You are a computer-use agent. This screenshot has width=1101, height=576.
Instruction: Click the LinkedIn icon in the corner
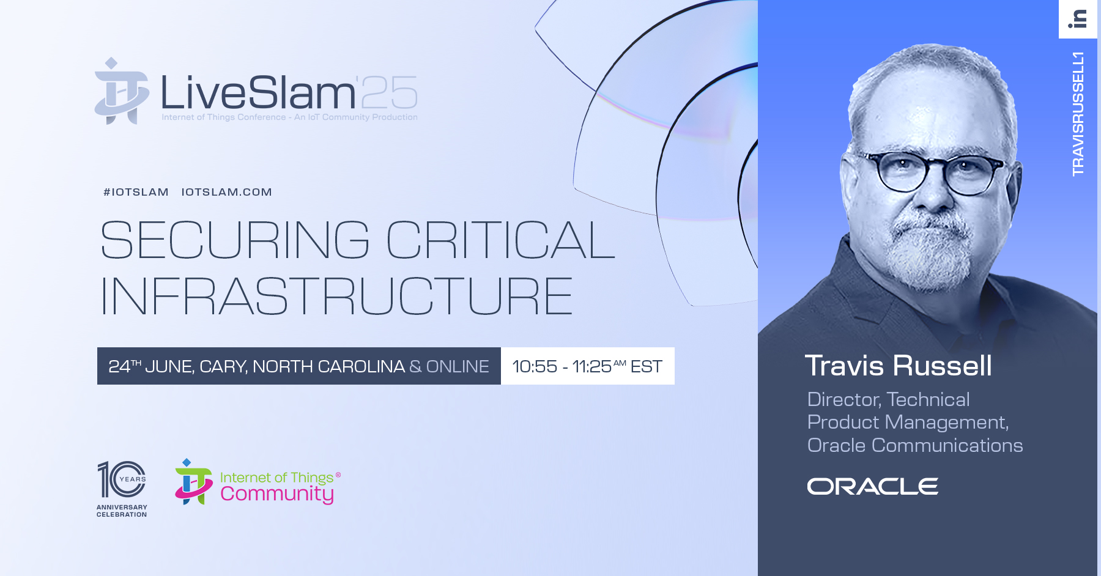(1078, 19)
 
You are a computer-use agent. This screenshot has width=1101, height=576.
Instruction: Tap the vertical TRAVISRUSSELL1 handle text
(1078, 114)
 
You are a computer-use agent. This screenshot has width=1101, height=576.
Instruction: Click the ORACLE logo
(872, 487)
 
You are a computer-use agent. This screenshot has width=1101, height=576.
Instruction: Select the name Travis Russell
(898, 366)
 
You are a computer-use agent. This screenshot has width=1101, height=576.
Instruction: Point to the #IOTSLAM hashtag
(136, 192)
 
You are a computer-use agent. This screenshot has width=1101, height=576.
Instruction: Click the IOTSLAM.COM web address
(226, 192)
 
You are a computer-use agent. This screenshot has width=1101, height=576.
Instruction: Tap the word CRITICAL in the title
(501, 240)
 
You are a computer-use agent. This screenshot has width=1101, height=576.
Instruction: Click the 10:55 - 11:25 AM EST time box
(588, 366)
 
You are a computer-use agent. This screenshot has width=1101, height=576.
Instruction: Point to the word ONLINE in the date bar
(458, 366)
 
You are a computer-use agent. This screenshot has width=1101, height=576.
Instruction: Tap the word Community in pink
(277, 494)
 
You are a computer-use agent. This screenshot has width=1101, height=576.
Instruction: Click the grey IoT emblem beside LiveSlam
(122, 91)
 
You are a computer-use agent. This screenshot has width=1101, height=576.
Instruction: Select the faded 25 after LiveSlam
(389, 93)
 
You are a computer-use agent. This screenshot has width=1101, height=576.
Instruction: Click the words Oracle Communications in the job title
(915, 445)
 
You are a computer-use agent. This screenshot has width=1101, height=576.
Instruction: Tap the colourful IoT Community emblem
(193, 482)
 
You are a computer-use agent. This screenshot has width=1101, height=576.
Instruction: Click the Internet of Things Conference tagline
(289, 117)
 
